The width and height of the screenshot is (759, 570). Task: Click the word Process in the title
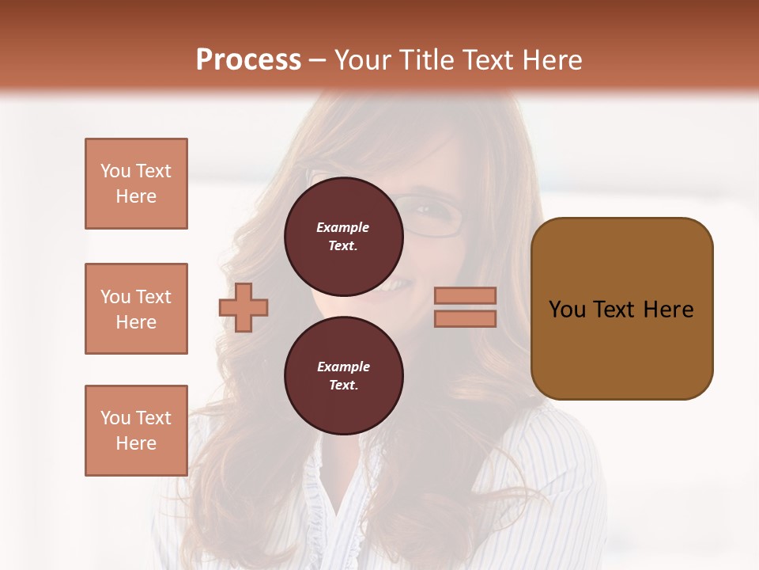[x=248, y=60]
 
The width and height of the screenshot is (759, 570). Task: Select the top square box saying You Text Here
[x=136, y=184]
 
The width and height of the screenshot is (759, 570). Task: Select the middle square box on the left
[x=136, y=309]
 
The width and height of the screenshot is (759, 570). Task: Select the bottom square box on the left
[x=136, y=430]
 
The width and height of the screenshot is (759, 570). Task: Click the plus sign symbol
[x=244, y=307]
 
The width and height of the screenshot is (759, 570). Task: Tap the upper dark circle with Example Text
[x=343, y=237]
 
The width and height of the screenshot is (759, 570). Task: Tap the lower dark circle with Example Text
[x=343, y=376]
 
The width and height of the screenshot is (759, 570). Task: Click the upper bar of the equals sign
[x=466, y=295]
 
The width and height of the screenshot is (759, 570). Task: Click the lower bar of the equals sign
[x=466, y=318]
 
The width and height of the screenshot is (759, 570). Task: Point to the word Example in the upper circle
[x=342, y=227]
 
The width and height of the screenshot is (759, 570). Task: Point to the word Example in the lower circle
[x=342, y=367]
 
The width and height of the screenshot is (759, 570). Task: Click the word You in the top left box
[x=115, y=171]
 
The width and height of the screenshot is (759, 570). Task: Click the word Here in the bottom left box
[x=136, y=443]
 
